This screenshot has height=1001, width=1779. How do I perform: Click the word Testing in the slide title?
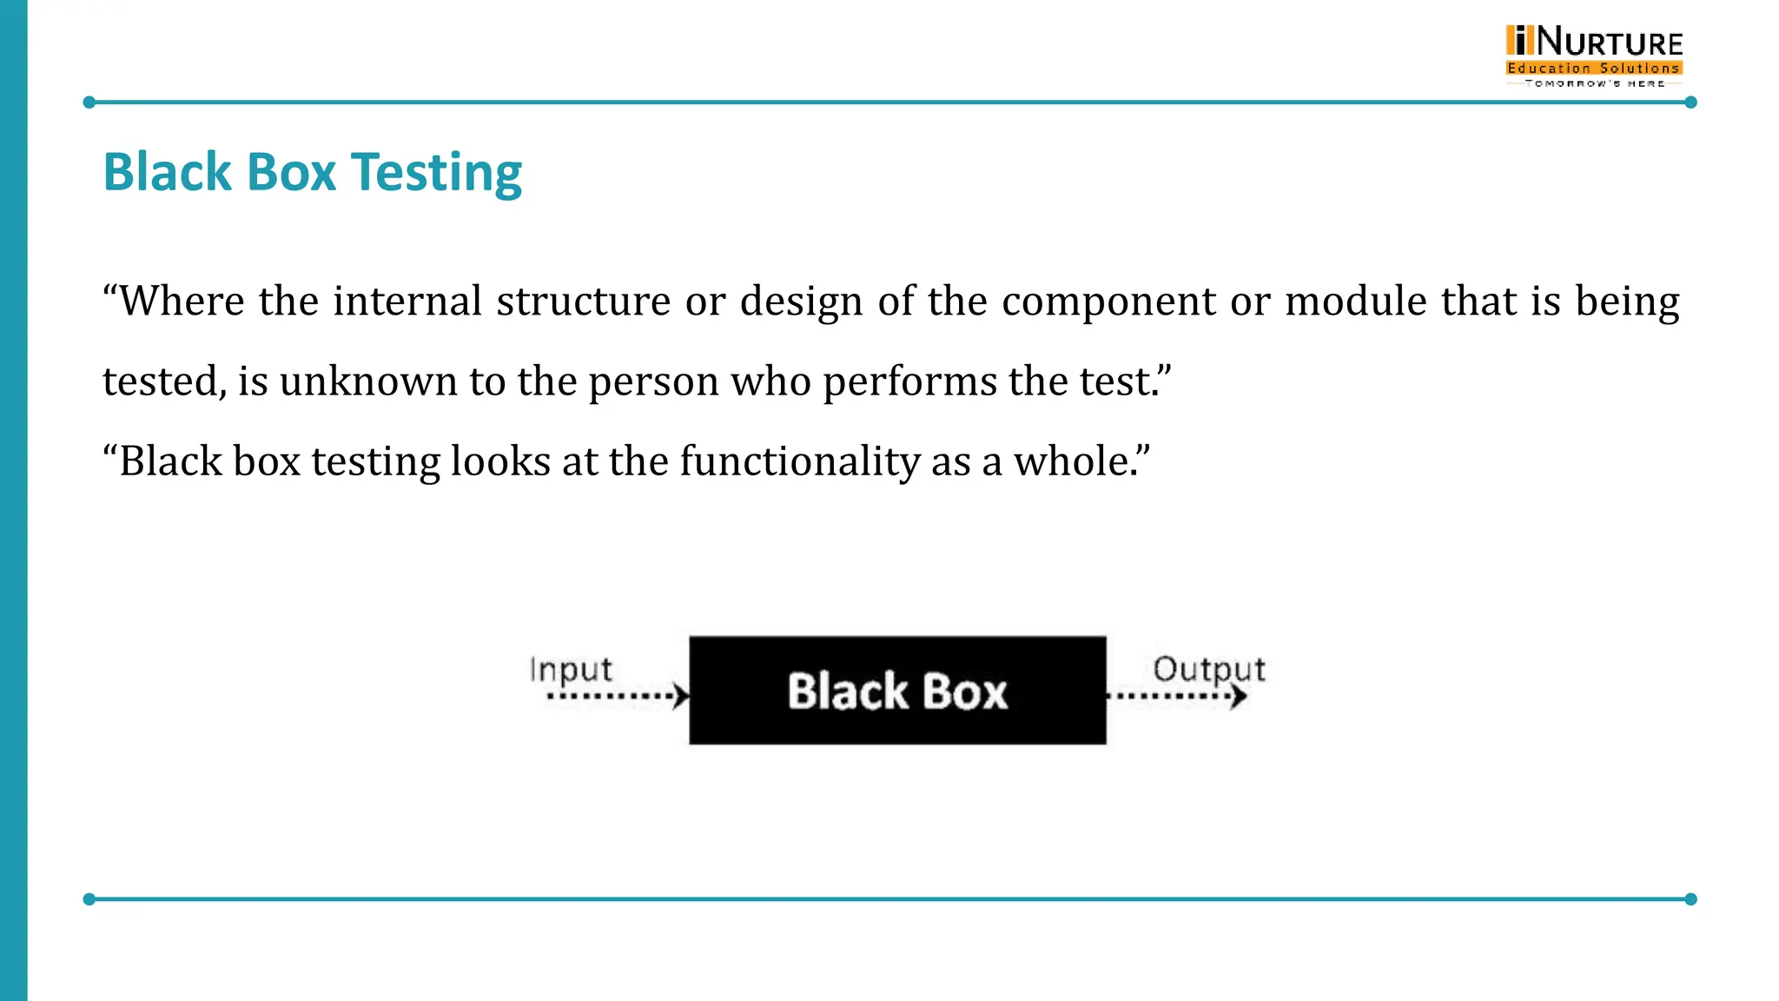coord(436,173)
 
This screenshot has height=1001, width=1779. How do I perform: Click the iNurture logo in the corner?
coord(1594,56)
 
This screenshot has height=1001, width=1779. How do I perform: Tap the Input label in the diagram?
coord(571,670)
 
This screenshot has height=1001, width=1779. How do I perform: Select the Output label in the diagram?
coord(1208,669)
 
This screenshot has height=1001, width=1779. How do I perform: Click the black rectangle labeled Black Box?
coord(897,691)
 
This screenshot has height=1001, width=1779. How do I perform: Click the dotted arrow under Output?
coord(1177,696)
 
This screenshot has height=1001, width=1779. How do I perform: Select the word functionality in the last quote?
coord(799,461)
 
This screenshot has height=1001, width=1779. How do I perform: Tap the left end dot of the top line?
coord(89,103)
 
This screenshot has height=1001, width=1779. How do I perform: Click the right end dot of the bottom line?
coord(1690,899)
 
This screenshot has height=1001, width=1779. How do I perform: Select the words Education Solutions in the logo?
coord(1594,68)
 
